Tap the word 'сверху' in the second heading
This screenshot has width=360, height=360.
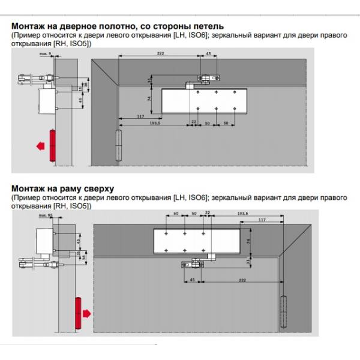(96, 189)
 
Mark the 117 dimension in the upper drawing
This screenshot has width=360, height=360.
(139, 116)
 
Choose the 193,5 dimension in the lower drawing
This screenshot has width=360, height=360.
(242, 213)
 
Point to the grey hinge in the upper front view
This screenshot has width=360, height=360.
(118, 145)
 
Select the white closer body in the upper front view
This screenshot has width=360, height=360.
(205, 101)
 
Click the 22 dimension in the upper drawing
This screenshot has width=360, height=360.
(193, 122)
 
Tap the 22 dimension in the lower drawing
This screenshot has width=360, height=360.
(207, 214)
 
